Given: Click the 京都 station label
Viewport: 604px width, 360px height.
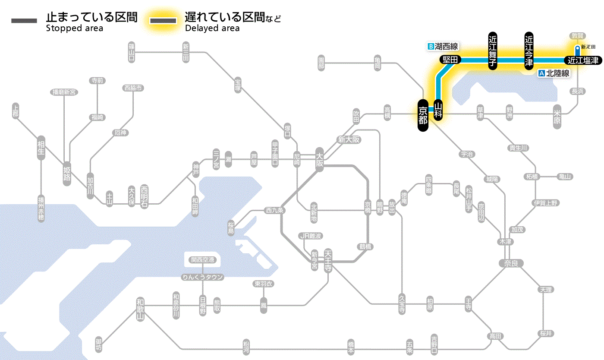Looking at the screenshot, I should click(x=423, y=115).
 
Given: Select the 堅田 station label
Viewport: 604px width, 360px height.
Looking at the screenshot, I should click(x=450, y=60).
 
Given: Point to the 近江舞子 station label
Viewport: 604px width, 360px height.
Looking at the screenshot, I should click(x=493, y=51).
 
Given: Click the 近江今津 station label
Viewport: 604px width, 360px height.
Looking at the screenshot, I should click(x=529, y=51).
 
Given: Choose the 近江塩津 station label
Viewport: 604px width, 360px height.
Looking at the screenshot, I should click(x=583, y=60).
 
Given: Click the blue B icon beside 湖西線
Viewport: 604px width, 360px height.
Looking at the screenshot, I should click(x=430, y=46).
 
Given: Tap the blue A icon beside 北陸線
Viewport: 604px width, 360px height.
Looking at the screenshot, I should click(x=542, y=73).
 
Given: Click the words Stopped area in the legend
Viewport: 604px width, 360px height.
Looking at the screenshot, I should click(x=75, y=28).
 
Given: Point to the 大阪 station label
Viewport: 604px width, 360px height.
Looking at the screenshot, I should click(x=319, y=160).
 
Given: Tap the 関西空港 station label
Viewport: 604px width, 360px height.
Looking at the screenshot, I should click(x=203, y=260).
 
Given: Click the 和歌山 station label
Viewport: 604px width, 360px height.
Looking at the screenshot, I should click(x=140, y=309).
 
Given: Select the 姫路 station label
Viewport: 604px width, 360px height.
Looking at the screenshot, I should click(x=67, y=173).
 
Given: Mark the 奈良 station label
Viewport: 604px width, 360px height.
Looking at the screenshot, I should click(x=510, y=263).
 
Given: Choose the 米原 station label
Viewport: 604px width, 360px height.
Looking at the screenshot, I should click(x=557, y=117).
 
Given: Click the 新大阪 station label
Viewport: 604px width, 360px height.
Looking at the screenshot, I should click(x=349, y=139).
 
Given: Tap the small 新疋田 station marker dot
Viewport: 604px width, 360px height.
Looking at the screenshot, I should click(x=577, y=48).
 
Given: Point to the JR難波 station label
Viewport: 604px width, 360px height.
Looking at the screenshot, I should click(x=311, y=236).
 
